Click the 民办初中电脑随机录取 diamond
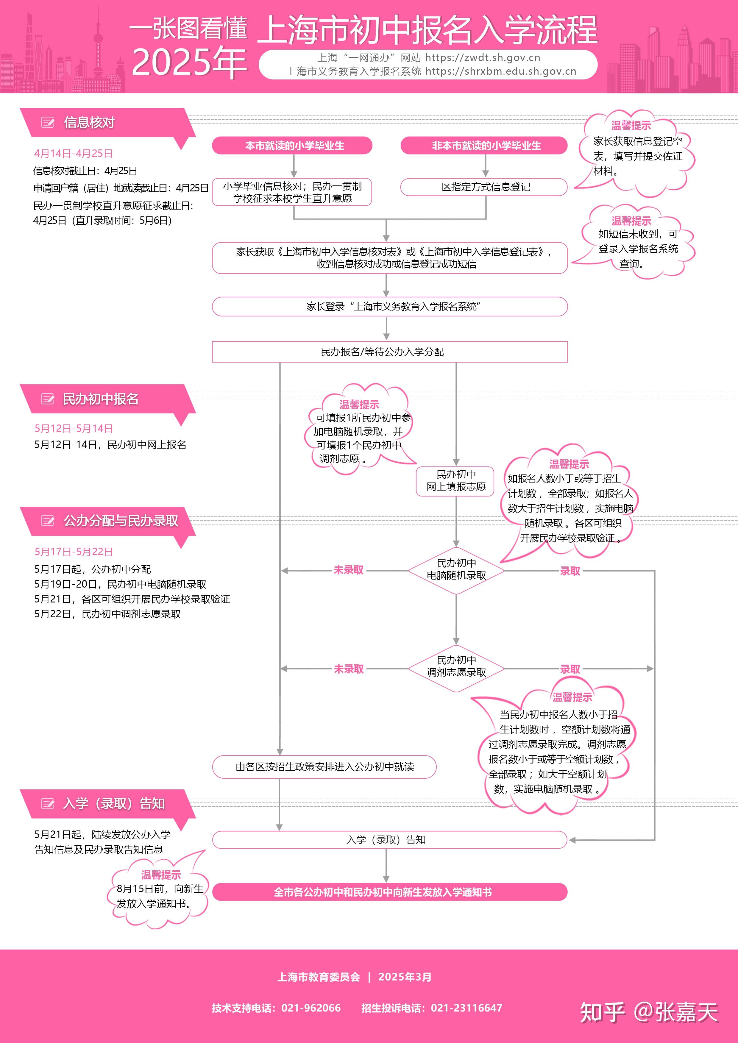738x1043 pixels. click(456, 570)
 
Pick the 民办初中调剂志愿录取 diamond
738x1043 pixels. click(456, 667)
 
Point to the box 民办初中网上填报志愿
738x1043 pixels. click(455, 481)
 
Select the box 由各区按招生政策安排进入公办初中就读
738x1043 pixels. click(324, 767)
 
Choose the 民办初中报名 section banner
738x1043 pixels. click(100, 399)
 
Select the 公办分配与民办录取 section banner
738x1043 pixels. click(121, 521)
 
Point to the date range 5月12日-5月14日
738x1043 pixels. click(74, 428)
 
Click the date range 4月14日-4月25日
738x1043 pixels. click(73, 154)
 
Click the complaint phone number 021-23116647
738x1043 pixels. click(467, 1008)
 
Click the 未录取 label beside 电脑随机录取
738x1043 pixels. click(349, 570)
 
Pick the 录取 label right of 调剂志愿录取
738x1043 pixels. click(570, 669)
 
